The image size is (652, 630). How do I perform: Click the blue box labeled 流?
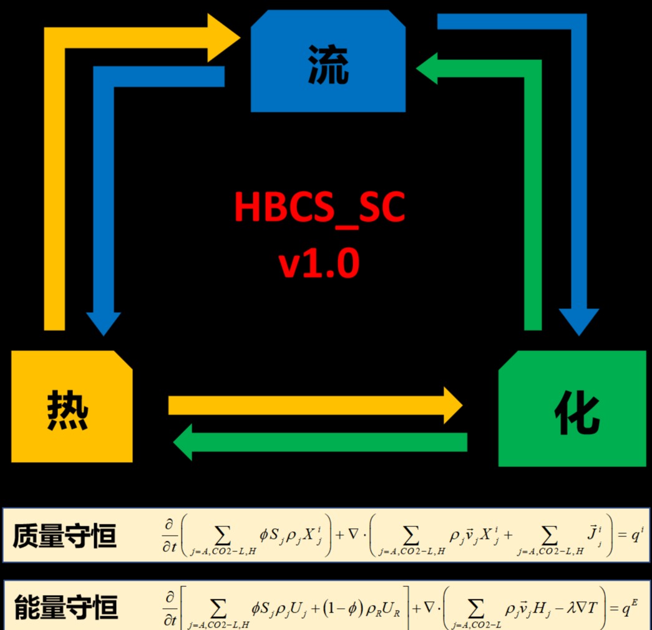tap(328, 61)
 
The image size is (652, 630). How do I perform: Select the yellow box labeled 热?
tap(72, 406)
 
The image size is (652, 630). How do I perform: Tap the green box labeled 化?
tap(572, 408)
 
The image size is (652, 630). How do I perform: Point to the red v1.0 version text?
tap(319, 263)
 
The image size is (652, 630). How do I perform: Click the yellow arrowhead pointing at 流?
tap(223, 38)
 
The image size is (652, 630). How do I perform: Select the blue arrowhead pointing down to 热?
tap(104, 323)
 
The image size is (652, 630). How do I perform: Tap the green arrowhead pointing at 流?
tap(427, 68)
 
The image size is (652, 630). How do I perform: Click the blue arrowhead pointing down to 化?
tap(579, 322)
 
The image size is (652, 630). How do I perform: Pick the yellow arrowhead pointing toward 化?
tap(453, 405)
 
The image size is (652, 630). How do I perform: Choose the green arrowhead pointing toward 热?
tap(183, 442)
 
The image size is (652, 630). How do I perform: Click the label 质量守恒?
tap(64, 536)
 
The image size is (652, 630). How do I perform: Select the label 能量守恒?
tap(66, 607)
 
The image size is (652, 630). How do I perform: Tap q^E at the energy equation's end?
tap(629, 608)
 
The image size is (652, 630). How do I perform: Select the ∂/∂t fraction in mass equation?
tap(170, 535)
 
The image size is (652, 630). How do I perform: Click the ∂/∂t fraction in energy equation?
tap(170, 609)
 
